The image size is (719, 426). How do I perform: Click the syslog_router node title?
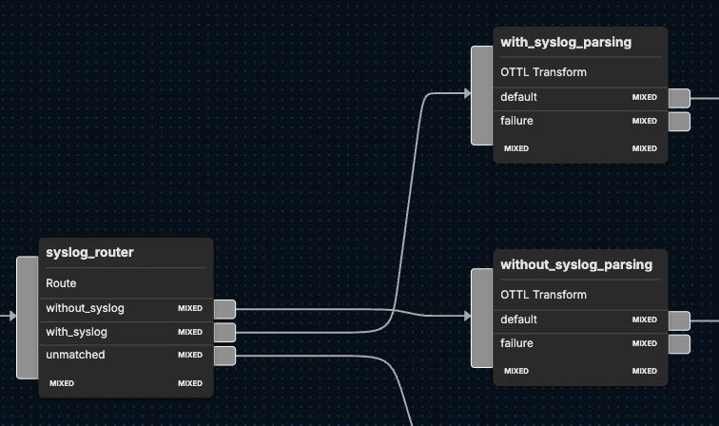pos(89,252)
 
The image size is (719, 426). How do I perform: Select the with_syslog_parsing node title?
pos(565,42)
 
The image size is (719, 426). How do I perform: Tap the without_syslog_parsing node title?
pos(576,264)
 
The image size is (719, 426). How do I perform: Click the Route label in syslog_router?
pos(61,283)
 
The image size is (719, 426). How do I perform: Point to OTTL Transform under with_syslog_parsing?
pos(543,72)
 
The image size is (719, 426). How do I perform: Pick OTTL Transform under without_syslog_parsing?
pos(543,295)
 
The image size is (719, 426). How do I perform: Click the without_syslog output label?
pos(85,308)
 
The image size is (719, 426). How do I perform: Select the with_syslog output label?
pos(76,332)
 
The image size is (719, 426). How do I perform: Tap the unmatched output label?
pos(75,355)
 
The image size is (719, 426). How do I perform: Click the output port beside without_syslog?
pos(224,309)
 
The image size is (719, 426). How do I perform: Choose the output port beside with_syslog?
pos(224,332)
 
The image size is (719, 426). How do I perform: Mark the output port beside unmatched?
pos(224,356)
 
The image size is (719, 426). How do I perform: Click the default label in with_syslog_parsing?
pos(518,97)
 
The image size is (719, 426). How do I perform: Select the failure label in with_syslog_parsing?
pos(516,121)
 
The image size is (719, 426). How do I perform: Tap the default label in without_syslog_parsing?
pos(518,319)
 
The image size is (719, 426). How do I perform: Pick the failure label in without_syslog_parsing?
pos(516,343)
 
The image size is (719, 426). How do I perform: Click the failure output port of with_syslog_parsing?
pos(679,121)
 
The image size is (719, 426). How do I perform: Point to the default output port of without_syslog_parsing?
pos(679,320)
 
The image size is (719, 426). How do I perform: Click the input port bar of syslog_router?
pos(28,317)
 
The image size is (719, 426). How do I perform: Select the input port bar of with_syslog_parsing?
pos(482,94)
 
